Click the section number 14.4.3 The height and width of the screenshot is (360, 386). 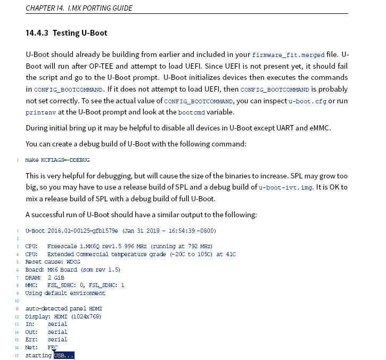coord(37,33)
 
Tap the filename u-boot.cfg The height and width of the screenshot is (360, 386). coord(307,101)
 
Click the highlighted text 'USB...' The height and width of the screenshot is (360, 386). coord(64,355)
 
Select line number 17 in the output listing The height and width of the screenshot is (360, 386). coord(17,355)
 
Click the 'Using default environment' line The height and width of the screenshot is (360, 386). coord(65,293)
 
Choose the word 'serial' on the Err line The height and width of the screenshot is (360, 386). coord(58,339)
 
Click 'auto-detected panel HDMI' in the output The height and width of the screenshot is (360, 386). coord(63,309)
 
